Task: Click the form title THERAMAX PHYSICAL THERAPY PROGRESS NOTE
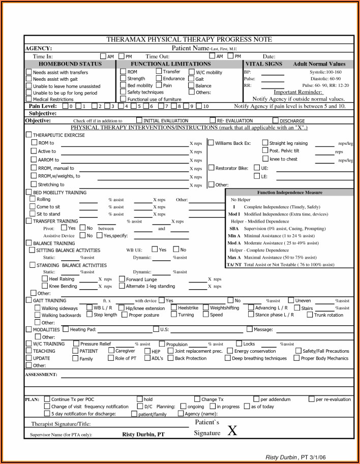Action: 189,40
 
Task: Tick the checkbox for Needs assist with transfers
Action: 29,73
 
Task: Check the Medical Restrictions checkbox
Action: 29,100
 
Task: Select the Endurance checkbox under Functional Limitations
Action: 159,79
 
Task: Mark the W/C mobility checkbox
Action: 191,72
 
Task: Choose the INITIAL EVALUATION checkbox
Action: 139,120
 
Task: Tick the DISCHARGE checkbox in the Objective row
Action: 276,120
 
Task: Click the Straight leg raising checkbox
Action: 265,143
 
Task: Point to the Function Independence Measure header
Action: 289,193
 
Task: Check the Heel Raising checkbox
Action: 45,279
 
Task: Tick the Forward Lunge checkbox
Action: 122,279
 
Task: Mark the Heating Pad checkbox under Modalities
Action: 66,329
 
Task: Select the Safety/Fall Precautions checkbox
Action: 298,351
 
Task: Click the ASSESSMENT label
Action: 41,375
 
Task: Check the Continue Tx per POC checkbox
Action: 47,399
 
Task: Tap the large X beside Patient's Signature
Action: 232,431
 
